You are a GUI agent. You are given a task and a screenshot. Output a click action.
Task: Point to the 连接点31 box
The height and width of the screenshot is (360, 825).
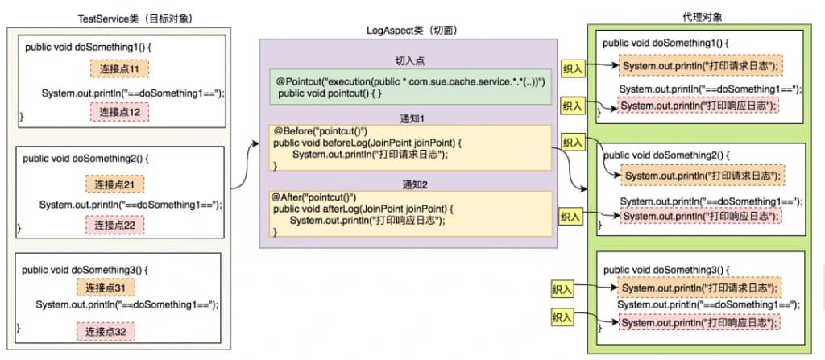[x=106, y=288]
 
